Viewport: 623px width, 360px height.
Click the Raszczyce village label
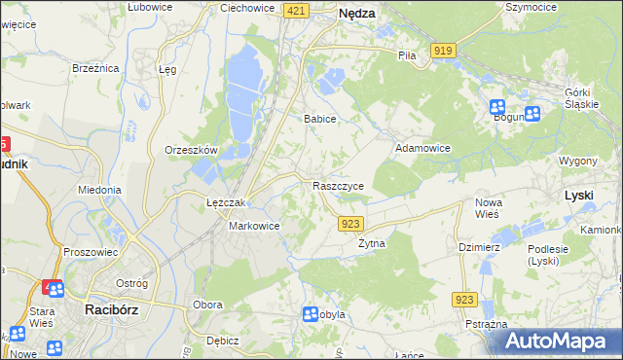(x=338, y=185)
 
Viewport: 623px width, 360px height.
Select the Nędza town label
(x=356, y=14)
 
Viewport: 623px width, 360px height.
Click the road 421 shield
(x=297, y=10)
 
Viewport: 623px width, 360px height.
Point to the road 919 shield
(x=444, y=50)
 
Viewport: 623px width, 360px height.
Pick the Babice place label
(x=319, y=119)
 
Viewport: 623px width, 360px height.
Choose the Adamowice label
(x=421, y=148)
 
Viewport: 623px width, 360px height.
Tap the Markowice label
(x=254, y=226)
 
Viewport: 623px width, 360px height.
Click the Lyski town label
(x=579, y=196)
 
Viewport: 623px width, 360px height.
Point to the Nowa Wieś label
(x=488, y=208)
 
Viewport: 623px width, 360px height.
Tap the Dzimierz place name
(x=479, y=247)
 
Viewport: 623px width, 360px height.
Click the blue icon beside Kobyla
(x=310, y=313)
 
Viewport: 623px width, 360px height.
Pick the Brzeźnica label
(x=95, y=68)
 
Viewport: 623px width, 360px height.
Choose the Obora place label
(x=207, y=305)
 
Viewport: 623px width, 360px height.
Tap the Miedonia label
(x=99, y=191)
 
